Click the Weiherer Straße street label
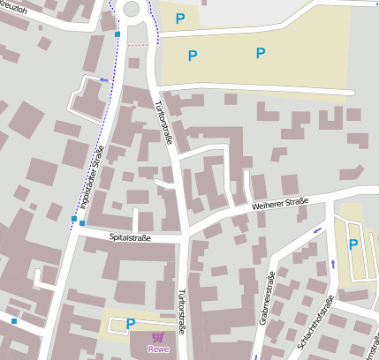point(280,204)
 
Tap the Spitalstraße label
point(130,237)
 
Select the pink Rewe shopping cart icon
point(157,337)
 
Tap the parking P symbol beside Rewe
point(131,324)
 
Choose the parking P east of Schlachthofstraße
point(352,244)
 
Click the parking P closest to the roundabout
point(180,19)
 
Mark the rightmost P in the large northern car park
point(261,53)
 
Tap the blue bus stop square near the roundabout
point(117,34)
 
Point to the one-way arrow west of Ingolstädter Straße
point(104,80)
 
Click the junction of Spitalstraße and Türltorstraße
point(184,236)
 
